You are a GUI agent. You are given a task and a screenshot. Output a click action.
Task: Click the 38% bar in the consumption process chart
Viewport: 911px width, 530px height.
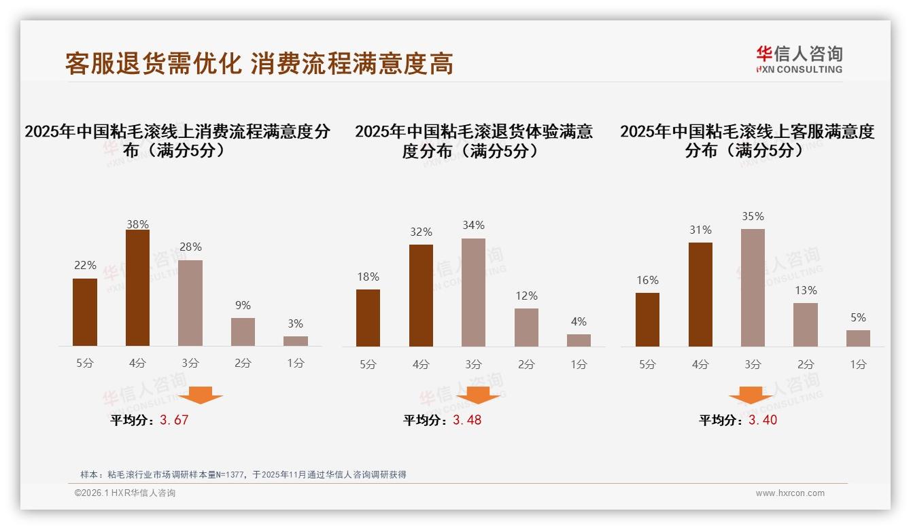(x=137, y=288)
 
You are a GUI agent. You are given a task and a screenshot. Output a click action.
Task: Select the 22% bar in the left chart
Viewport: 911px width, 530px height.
(x=85, y=313)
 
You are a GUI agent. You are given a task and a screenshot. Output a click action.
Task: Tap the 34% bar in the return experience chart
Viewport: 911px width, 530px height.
(x=473, y=293)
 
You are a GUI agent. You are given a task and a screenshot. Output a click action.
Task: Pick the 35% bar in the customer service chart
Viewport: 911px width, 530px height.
(x=753, y=288)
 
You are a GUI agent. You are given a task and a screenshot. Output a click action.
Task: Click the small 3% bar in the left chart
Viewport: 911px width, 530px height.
(x=296, y=341)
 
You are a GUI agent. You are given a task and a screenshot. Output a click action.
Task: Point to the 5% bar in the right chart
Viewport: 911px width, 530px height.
(x=858, y=338)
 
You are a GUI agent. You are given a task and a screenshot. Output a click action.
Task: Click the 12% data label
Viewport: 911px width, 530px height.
(x=526, y=296)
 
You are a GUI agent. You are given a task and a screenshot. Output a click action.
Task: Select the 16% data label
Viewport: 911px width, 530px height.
(x=647, y=280)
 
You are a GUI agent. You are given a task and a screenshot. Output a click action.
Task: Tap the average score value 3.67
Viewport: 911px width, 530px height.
(x=174, y=420)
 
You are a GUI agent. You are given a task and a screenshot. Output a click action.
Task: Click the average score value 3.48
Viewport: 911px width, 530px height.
(x=467, y=420)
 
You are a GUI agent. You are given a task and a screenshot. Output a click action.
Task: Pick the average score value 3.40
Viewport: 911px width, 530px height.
(x=763, y=420)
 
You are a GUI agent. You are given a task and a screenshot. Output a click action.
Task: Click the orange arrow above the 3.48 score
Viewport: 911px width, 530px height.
(x=478, y=395)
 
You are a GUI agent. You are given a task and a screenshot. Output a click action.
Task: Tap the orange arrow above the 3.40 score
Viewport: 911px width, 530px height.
(x=751, y=395)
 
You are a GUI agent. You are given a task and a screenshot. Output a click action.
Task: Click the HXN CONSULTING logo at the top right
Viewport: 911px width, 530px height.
(x=799, y=59)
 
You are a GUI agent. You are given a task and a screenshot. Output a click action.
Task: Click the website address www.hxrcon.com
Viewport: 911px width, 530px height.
(x=790, y=493)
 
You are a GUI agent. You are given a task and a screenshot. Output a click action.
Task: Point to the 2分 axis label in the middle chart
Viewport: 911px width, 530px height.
(x=526, y=364)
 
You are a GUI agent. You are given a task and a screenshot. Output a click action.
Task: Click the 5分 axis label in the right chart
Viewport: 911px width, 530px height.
(x=647, y=364)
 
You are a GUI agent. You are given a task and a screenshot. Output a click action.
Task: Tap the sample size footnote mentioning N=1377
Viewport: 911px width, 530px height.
(x=243, y=474)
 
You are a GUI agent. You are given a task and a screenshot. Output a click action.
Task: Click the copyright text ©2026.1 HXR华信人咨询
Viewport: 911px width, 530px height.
(x=124, y=493)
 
